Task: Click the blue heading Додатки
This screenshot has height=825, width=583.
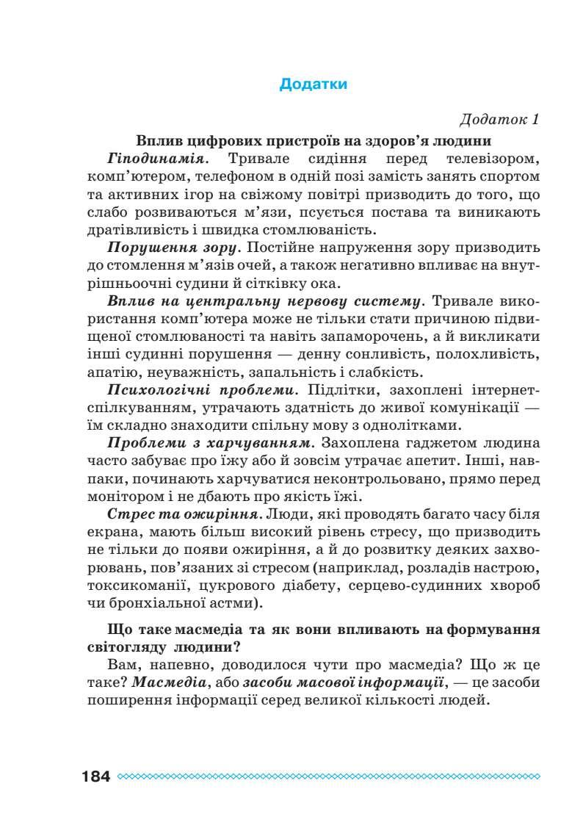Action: [x=313, y=84]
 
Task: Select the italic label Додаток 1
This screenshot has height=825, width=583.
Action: [x=499, y=119]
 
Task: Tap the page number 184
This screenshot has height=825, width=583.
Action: [x=93, y=777]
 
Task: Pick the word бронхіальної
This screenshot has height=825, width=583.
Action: [x=161, y=604]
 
